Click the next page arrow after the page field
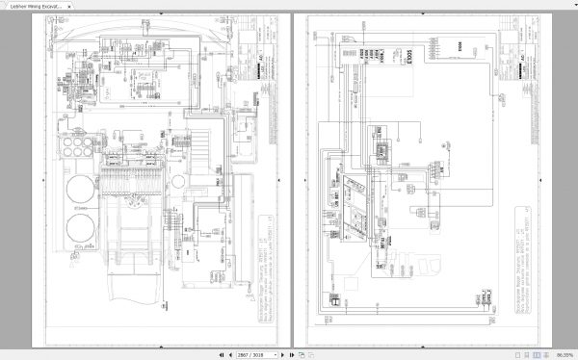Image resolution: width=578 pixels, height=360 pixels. [x=276, y=354]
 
